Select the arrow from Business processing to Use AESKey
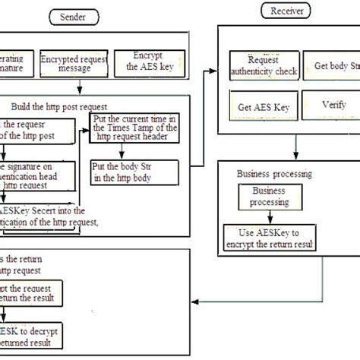tap(267, 216)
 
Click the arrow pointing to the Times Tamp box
tap(85, 130)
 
